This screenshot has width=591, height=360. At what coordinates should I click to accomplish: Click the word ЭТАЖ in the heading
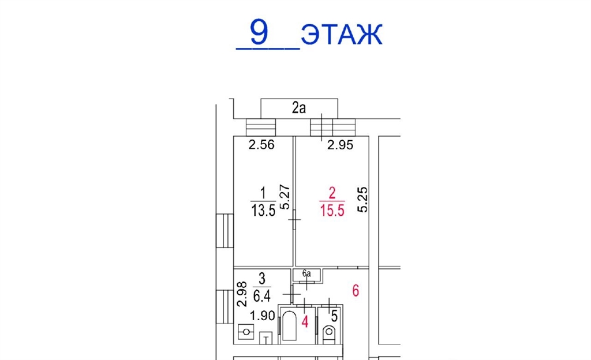(x=342, y=34)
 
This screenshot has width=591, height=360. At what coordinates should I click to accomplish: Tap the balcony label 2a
(x=298, y=108)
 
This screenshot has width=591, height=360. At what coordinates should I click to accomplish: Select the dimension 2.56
(x=261, y=145)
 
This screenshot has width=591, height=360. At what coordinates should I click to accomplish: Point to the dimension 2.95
(x=340, y=145)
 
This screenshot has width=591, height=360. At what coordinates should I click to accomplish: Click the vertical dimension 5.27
(x=285, y=197)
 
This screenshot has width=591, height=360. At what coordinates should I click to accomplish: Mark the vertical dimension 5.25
(x=362, y=200)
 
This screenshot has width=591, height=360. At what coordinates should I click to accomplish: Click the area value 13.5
(x=263, y=211)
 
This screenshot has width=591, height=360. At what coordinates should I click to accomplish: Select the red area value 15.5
(x=332, y=211)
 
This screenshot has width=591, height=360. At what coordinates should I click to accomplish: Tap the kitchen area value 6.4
(x=261, y=296)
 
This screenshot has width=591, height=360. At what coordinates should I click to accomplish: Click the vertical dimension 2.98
(x=242, y=294)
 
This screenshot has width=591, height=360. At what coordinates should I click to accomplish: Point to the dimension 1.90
(x=263, y=316)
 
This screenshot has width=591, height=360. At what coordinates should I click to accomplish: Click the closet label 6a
(x=306, y=274)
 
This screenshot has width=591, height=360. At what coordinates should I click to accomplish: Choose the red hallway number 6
(x=356, y=291)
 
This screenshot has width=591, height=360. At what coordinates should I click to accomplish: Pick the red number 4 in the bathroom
(x=305, y=322)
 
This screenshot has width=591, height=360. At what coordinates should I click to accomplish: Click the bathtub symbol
(x=289, y=325)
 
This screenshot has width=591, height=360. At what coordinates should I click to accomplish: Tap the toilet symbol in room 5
(x=329, y=333)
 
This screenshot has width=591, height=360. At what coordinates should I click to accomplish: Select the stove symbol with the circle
(x=246, y=332)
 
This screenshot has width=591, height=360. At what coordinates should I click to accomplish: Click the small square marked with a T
(x=265, y=338)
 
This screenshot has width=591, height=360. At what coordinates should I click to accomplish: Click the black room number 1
(x=263, y=193)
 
